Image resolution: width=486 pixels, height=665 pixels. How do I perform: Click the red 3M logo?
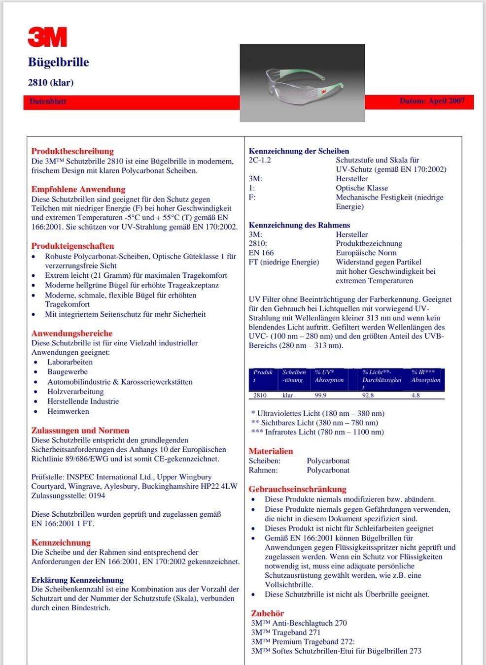[47, 37]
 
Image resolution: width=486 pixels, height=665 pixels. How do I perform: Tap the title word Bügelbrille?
[59, 62]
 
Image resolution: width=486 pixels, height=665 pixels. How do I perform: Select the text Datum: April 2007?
[432, 101]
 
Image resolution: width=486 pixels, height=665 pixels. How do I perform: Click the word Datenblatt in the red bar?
[48, 101]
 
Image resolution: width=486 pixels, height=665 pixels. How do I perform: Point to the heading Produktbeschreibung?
[72, 151]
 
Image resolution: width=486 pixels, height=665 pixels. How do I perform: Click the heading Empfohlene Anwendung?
[78, 189]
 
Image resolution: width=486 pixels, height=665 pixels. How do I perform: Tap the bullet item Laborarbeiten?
[70, 362]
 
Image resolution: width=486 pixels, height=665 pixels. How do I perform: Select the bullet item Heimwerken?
[68, 411]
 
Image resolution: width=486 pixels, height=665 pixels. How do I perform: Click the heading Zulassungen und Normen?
[80, 431]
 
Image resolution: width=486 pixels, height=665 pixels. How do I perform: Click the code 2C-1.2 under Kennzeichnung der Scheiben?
[260, 160]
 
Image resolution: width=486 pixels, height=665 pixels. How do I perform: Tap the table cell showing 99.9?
[320, 395]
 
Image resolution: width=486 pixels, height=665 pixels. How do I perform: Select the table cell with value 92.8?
[368, 395]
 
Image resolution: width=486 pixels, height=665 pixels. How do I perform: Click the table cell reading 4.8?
[416, 395]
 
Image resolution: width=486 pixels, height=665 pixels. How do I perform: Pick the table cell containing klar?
[288, 395]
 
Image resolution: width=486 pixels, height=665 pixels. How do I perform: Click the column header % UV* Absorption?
[329, 376]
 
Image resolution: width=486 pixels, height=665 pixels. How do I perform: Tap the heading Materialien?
[271, 451]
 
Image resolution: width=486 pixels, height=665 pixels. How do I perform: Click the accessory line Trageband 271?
[286, 632]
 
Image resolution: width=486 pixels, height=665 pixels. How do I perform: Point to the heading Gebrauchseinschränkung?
[297, 489]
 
